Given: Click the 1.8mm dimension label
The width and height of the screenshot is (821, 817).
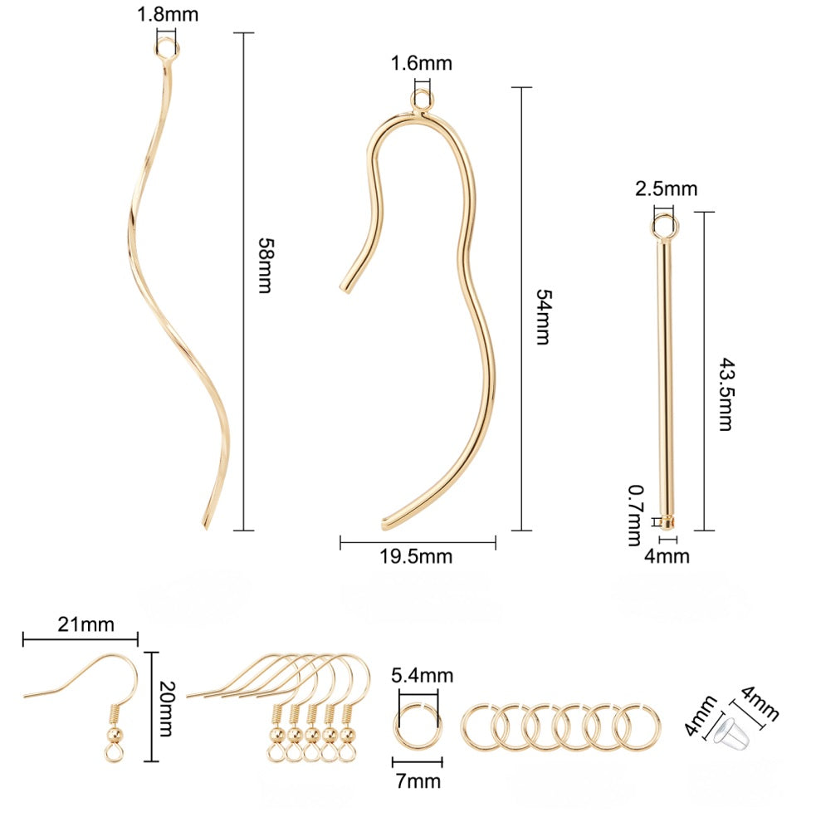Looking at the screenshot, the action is [x=168, y=14].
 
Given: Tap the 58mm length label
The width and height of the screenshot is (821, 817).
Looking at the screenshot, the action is [x=266, y=266].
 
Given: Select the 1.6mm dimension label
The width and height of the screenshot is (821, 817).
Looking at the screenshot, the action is [x=422, y=63].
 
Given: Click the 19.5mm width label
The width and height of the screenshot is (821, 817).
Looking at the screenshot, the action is [x=416, y=556].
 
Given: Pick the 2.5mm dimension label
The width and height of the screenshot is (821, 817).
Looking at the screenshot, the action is [x=666, y=188].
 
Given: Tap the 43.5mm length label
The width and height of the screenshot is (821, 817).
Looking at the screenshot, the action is [x=726, y=394].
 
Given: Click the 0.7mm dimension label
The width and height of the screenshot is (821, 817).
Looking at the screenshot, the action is [x=635, y=516].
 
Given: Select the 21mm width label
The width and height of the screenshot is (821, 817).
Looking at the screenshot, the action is [x=86, y=624].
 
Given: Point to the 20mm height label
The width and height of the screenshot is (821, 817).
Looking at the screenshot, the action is [x=167, y=708].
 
